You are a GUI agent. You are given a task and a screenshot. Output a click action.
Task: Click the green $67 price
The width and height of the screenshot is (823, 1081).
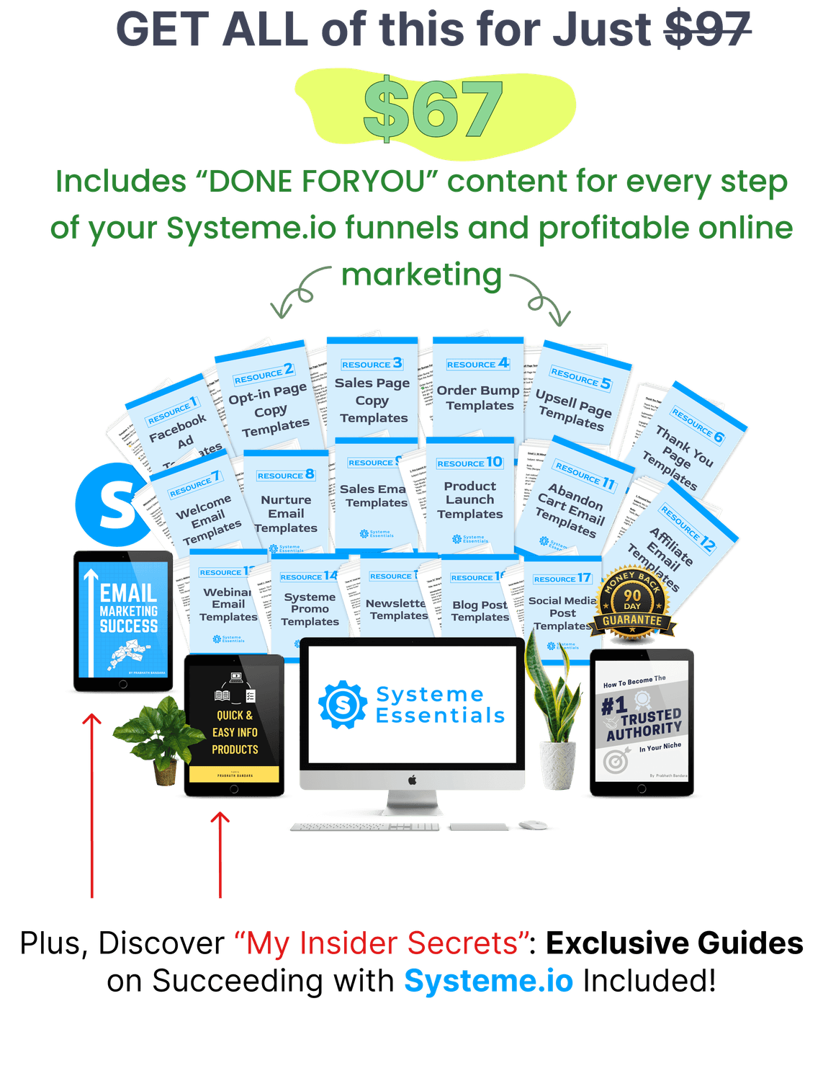(x=433, y=110)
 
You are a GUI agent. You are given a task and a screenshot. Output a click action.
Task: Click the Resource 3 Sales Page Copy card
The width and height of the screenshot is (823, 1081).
(x=372, y=393)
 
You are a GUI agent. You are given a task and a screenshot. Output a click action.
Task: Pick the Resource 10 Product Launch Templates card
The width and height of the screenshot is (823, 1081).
(x=469, y=497)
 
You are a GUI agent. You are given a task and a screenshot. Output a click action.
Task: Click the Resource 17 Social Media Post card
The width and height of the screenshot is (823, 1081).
(x=562, y=605)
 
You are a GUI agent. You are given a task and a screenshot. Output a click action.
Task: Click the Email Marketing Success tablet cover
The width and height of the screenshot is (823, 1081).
(x=123, y=620)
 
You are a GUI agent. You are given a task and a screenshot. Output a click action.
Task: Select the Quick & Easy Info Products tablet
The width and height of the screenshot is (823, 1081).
(x=234, y=724)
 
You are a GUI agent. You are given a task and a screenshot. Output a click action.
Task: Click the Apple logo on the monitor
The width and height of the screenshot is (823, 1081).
(x=413, y=780)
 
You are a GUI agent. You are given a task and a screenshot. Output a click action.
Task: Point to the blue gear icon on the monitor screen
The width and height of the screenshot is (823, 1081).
(x=343, y=704)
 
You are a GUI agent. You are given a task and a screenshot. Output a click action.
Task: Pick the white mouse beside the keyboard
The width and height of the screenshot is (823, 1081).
(x=533, y=824)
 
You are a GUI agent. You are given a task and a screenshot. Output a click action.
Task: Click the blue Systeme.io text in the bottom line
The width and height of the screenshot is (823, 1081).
(x=488, y=981)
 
